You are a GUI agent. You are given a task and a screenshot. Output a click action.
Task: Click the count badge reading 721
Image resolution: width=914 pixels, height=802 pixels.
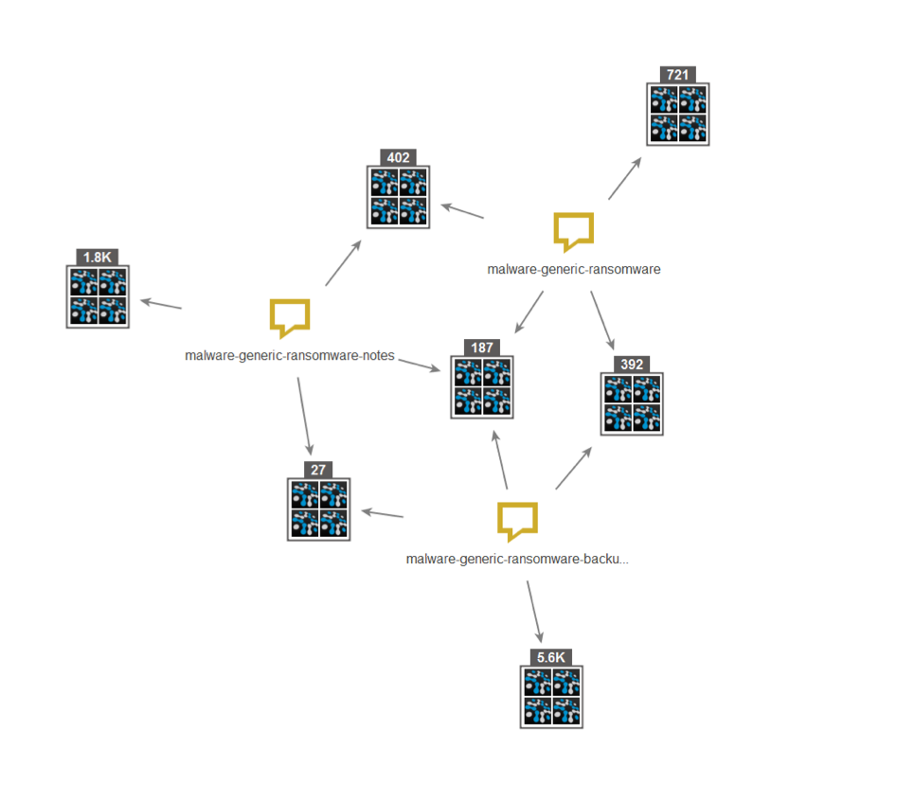tap(678, 75)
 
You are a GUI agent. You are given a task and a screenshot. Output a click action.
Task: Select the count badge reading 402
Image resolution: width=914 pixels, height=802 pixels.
tap(398, 157)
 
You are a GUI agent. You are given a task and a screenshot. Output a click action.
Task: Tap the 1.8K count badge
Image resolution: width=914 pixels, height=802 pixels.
tap(98, 258)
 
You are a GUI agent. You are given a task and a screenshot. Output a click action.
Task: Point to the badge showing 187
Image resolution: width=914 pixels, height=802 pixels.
tap(482, 348)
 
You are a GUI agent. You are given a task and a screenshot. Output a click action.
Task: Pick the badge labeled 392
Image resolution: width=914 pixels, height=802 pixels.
tap(632, 365)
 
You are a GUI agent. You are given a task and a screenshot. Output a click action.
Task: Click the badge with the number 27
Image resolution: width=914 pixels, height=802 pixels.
tap(318, 470)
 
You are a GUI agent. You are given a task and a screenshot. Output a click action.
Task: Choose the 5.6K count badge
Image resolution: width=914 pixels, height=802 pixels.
tap(551, 657)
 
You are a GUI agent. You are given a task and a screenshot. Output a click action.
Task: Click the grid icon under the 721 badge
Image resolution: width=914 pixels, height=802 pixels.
tap(678, 115)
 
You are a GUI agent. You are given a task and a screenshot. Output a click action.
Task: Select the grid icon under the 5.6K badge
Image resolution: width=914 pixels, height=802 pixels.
tap(551, 697)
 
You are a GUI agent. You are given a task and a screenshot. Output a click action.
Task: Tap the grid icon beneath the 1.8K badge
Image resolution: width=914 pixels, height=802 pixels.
tap(98, 297)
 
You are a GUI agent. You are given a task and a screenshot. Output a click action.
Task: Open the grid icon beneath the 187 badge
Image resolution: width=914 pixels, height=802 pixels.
tap(482, 387)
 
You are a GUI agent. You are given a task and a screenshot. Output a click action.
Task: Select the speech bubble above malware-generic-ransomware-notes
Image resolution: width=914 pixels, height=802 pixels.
tap(290, 317)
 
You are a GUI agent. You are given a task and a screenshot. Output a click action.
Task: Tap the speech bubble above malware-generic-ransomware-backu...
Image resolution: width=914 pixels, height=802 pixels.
tap(517, 521)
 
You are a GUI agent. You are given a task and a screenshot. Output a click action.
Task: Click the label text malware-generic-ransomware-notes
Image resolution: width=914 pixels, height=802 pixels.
tap(290, 356)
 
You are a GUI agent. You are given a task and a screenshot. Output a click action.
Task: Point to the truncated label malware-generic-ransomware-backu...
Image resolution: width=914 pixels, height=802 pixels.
tap(517, 559)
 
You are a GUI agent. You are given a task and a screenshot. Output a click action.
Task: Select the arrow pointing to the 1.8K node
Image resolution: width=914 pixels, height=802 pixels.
tap(161, 304)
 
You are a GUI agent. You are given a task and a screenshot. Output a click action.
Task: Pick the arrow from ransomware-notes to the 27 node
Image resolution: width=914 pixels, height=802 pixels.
tap(304, 416)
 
